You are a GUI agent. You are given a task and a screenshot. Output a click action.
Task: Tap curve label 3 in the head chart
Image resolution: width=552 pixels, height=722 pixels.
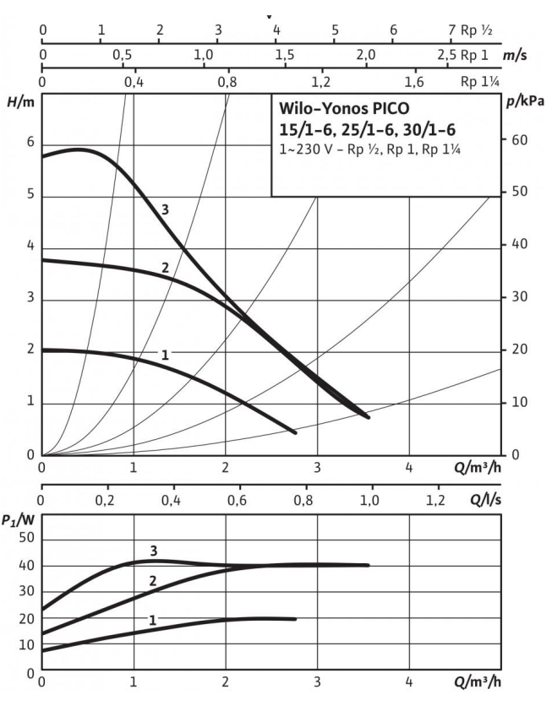pos(165,209)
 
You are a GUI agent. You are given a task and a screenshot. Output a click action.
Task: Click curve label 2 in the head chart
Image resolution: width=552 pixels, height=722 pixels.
pos(166,269)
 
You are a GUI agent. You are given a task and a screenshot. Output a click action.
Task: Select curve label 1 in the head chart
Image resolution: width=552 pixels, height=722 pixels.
pos(165,356)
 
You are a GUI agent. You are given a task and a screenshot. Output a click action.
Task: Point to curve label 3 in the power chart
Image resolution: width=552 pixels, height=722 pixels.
pos(153,551)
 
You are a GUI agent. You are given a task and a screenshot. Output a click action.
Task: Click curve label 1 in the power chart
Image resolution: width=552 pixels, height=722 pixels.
pos(152,620)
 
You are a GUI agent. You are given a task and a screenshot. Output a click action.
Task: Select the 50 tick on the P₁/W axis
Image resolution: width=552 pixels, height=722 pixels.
pos(25,538)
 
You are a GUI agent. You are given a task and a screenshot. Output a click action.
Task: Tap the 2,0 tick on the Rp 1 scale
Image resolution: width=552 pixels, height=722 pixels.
pos(365,55)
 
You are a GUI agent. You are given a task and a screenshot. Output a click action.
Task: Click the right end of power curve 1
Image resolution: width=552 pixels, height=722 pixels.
pos(296,619)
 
